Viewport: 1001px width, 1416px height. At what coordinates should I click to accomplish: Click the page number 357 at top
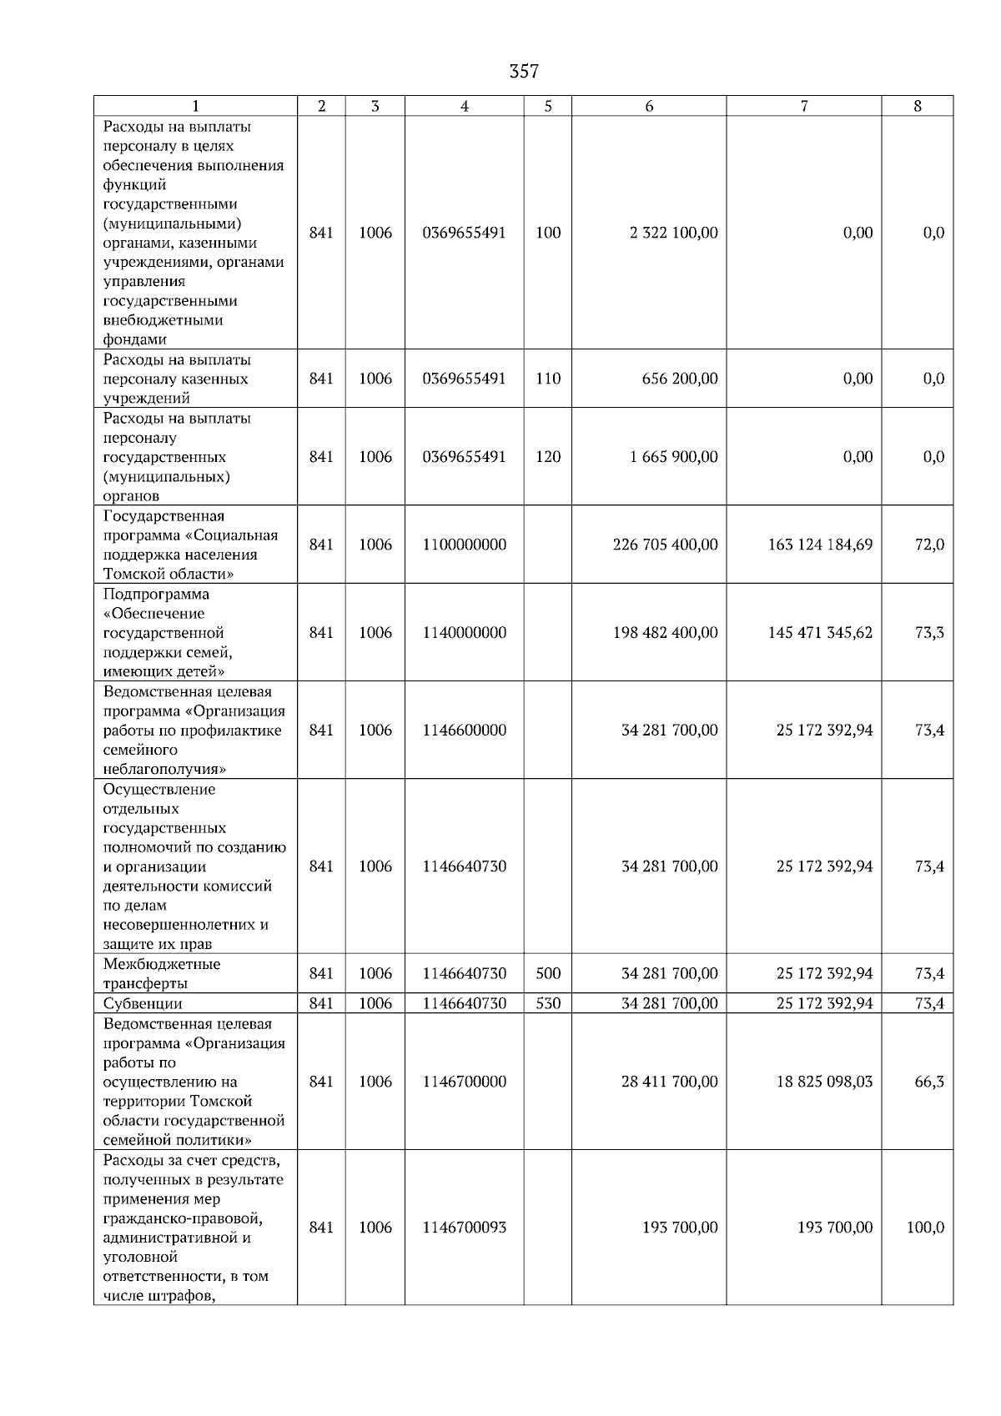524,72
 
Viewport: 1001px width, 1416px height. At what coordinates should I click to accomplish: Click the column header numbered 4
464,106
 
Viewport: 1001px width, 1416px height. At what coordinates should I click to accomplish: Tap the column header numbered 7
803,106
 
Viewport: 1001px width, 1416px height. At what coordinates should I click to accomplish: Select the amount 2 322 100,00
673,233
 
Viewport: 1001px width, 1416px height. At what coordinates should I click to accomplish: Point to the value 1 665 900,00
673,457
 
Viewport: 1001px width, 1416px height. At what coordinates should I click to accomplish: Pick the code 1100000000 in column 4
464,545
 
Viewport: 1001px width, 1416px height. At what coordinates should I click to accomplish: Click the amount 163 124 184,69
820,545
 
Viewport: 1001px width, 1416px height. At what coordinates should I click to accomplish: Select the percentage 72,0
929,545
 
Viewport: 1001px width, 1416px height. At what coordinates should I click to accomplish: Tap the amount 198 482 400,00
665,633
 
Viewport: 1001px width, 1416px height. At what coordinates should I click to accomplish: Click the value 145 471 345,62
820,633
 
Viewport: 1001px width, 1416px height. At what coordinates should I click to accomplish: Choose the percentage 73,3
929,633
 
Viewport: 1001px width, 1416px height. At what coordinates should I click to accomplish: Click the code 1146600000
464,731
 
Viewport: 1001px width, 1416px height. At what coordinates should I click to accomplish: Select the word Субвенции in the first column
143,1003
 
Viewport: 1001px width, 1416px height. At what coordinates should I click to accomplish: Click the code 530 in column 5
548,1003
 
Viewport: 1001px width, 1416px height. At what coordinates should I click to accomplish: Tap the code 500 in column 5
548,973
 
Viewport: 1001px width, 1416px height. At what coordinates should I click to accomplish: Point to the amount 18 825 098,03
824,1082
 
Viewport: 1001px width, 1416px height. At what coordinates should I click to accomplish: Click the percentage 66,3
929,1082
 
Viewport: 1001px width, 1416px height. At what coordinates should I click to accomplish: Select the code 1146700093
464,1228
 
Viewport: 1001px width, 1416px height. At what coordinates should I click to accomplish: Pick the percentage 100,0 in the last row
925,1228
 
